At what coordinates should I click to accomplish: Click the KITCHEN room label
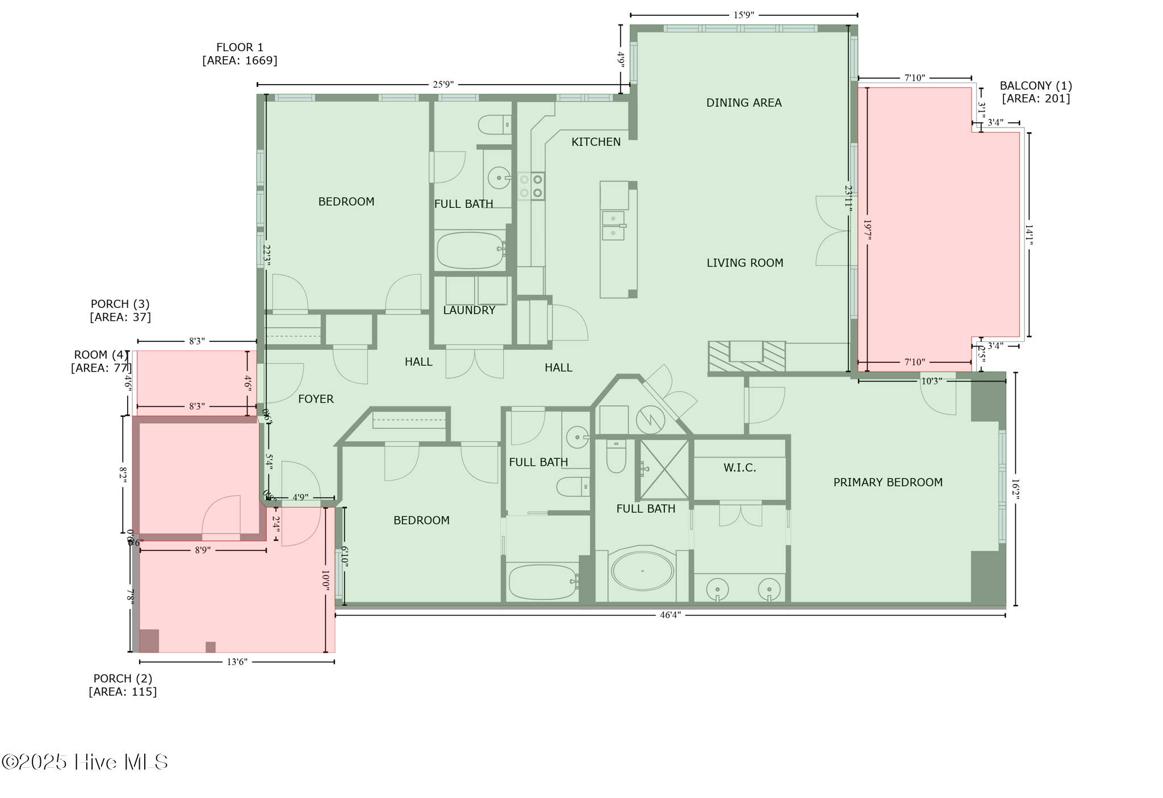coord(596,142)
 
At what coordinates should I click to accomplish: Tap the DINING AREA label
coord(743,103)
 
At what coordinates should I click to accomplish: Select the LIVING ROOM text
coord(744,263)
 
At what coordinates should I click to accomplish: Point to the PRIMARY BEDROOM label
coord(888,482)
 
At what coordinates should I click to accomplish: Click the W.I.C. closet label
coord(739,468)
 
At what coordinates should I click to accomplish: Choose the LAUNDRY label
coord(469,310)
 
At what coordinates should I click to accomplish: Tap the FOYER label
coord(316,399)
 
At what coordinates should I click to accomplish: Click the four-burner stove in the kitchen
coord(531,186)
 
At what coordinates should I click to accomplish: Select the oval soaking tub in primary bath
coord(642,571)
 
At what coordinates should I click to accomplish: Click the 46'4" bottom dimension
coord(670,615)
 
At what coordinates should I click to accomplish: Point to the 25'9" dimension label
coord(443,85)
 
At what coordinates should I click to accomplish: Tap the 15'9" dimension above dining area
coord(743,15)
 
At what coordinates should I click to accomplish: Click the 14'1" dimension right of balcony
coord(1028,235)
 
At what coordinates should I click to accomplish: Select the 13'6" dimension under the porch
coord(237,662)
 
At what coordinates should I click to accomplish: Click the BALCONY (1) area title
coord(1036,86)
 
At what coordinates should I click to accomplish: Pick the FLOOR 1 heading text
coord(240,48)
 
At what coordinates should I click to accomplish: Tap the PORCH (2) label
coord(123,679)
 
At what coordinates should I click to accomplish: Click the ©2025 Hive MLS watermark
coord(85,762)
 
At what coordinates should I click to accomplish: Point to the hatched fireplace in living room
coord(746,356)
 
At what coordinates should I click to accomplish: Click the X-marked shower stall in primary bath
coord(664,470)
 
